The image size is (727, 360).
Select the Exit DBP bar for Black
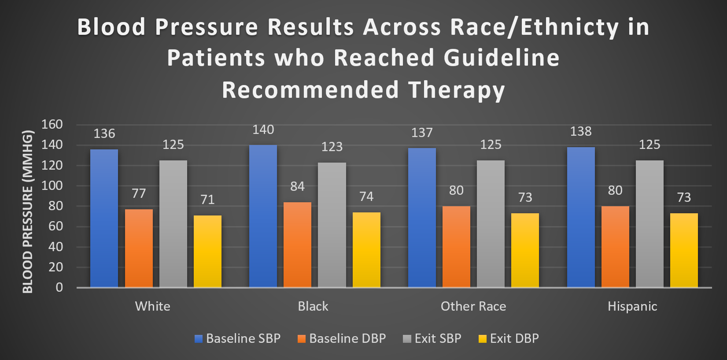[x=366, y=250]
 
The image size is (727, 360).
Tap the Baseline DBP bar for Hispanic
[x=615, y=247]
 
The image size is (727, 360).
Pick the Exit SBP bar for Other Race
[x=491, y=224]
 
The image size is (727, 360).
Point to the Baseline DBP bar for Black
[x=297, y=245]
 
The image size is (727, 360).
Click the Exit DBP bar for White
[x=207, y=251]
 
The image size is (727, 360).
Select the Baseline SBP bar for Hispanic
[x=581, y=217]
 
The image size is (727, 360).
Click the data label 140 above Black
[x=263, y=130]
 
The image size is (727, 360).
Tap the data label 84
[x=297, y=186]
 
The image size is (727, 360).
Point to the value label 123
[x=332, y=147]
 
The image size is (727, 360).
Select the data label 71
[x=207, y=200]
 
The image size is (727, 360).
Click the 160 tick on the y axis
[x=52, y=125]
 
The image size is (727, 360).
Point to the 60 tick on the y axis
[x=55, y=226]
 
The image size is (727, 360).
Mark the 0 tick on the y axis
[x=59, y=288]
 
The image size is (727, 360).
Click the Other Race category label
[x=473, y=306]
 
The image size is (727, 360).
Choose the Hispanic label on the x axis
[x=632, y=306]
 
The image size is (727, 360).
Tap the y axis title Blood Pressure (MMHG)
[x=28, y=212]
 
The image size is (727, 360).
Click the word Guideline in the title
[x=502, y=58]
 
